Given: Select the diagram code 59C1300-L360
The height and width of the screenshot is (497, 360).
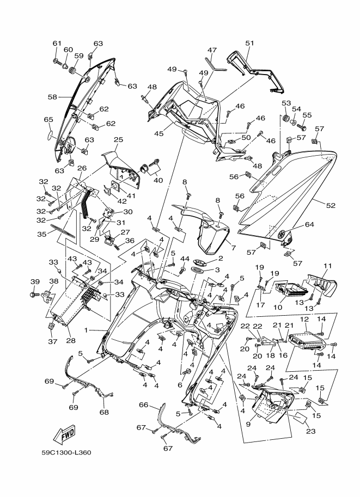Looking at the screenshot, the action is [66, 452].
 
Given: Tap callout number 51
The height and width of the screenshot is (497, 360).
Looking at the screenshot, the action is [249, 44].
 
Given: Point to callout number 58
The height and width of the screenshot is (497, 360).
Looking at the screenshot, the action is [52, 97].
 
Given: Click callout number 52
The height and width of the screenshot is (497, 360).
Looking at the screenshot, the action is [331, 205].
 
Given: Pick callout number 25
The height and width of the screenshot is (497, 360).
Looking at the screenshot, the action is [119, 140].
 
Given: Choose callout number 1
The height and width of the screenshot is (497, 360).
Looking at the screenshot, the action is [86, 330].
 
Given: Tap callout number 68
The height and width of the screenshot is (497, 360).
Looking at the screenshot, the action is [104, 412].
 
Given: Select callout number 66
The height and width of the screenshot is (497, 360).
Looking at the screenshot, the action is [144, 405].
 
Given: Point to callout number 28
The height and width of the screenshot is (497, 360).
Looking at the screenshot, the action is [71, 341].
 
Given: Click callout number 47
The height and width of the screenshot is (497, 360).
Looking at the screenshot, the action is [212, 50].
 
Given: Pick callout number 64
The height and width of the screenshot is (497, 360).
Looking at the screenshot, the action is [309, 225].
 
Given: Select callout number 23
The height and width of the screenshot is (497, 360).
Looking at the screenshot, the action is [311, 431].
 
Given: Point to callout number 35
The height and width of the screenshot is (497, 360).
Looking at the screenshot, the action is [41, 234].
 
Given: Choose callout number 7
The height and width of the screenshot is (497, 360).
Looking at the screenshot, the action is [234, 248].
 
